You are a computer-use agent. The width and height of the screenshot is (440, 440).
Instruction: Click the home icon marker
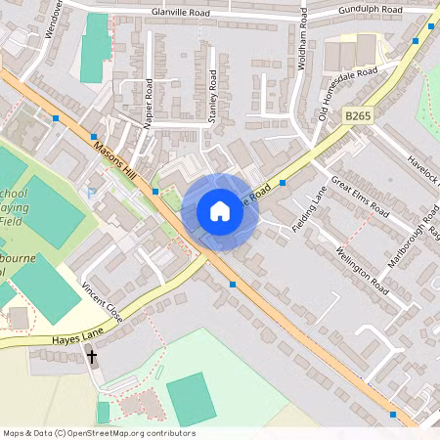219,211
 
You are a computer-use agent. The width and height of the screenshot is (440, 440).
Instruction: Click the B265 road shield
359,115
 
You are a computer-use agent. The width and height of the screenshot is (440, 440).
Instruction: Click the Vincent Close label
101,304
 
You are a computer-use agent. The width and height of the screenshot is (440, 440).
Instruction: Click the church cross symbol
93,357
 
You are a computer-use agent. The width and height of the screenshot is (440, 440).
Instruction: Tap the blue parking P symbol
92,194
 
